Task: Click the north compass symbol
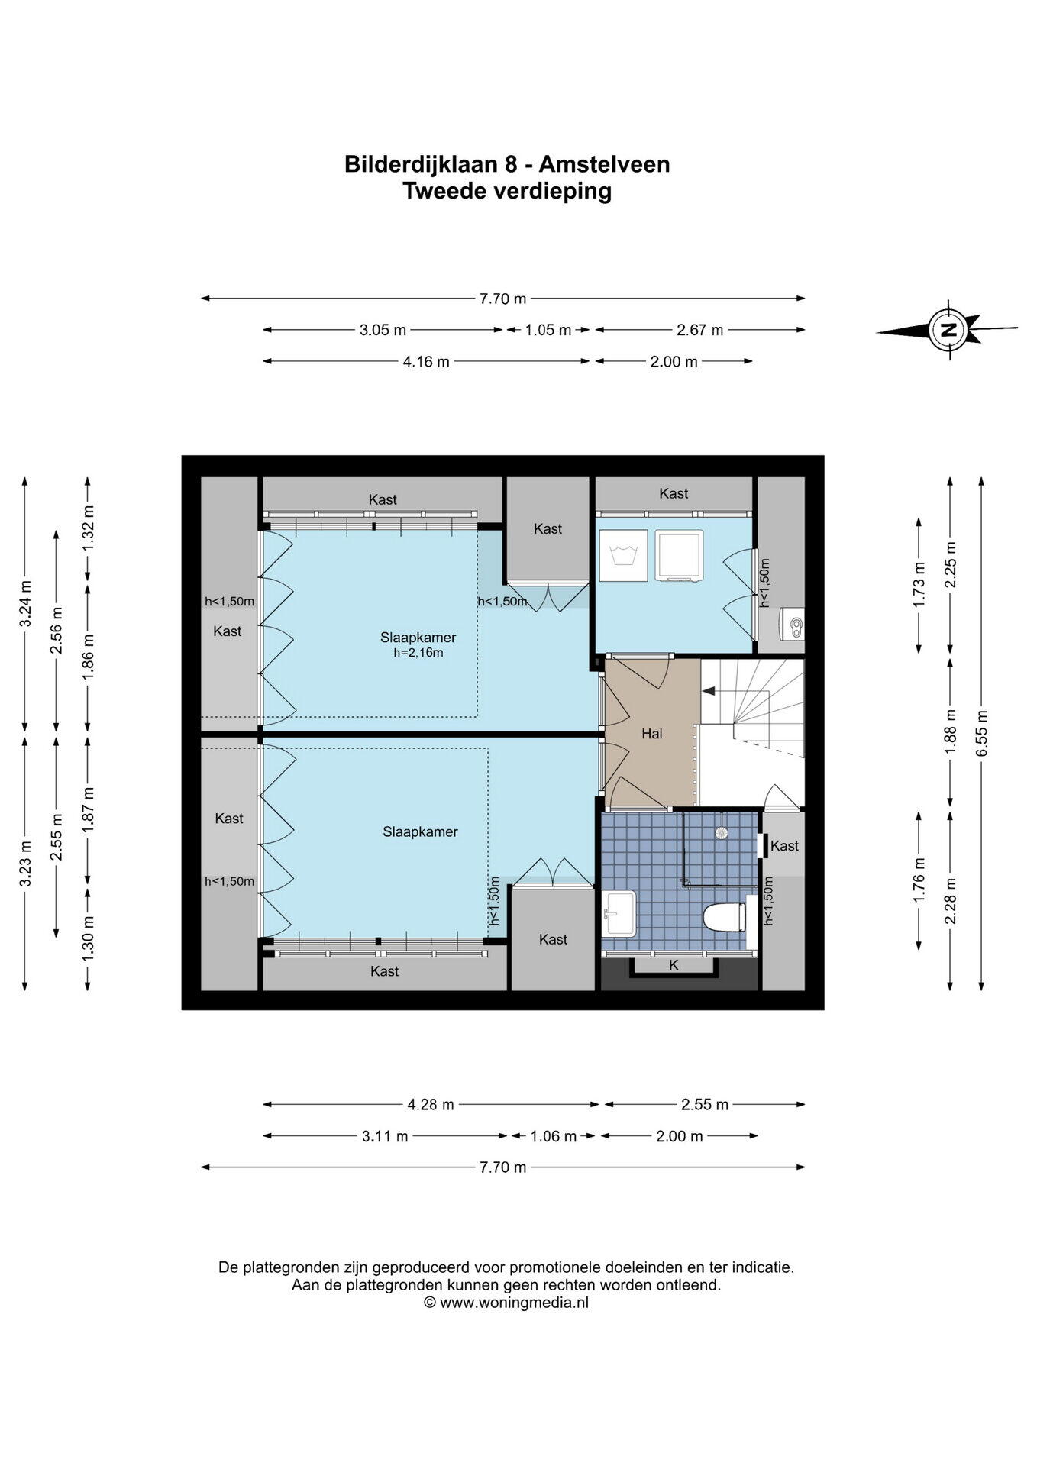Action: pyautogui.click(x=948, y=330)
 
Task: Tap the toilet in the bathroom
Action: pyautogui.click(x=725, y=917)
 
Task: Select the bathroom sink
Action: pyautogui.click(x=619, y=913)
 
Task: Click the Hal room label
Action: pyautogui.click(x=652, y=734)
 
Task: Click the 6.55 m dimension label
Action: pyautogui.click(x=982, y=733)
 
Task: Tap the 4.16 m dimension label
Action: pyautogui.click(x=426, y=362)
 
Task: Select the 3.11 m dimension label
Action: pyautogui.click(x=385, y=1136)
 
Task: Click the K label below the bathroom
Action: pyautogui.click(x=674, y=965)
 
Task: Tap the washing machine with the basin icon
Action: pyautogui.click(x=624, y=554)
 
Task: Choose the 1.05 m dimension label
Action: pyautogui.click(x=548, y=330)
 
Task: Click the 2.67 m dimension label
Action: pyautogui.click(x=699, y=330)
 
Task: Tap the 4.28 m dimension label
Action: pyautogui.click(x=431, y=1104)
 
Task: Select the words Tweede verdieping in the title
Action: pyautogui.click(x=507, y=191)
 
